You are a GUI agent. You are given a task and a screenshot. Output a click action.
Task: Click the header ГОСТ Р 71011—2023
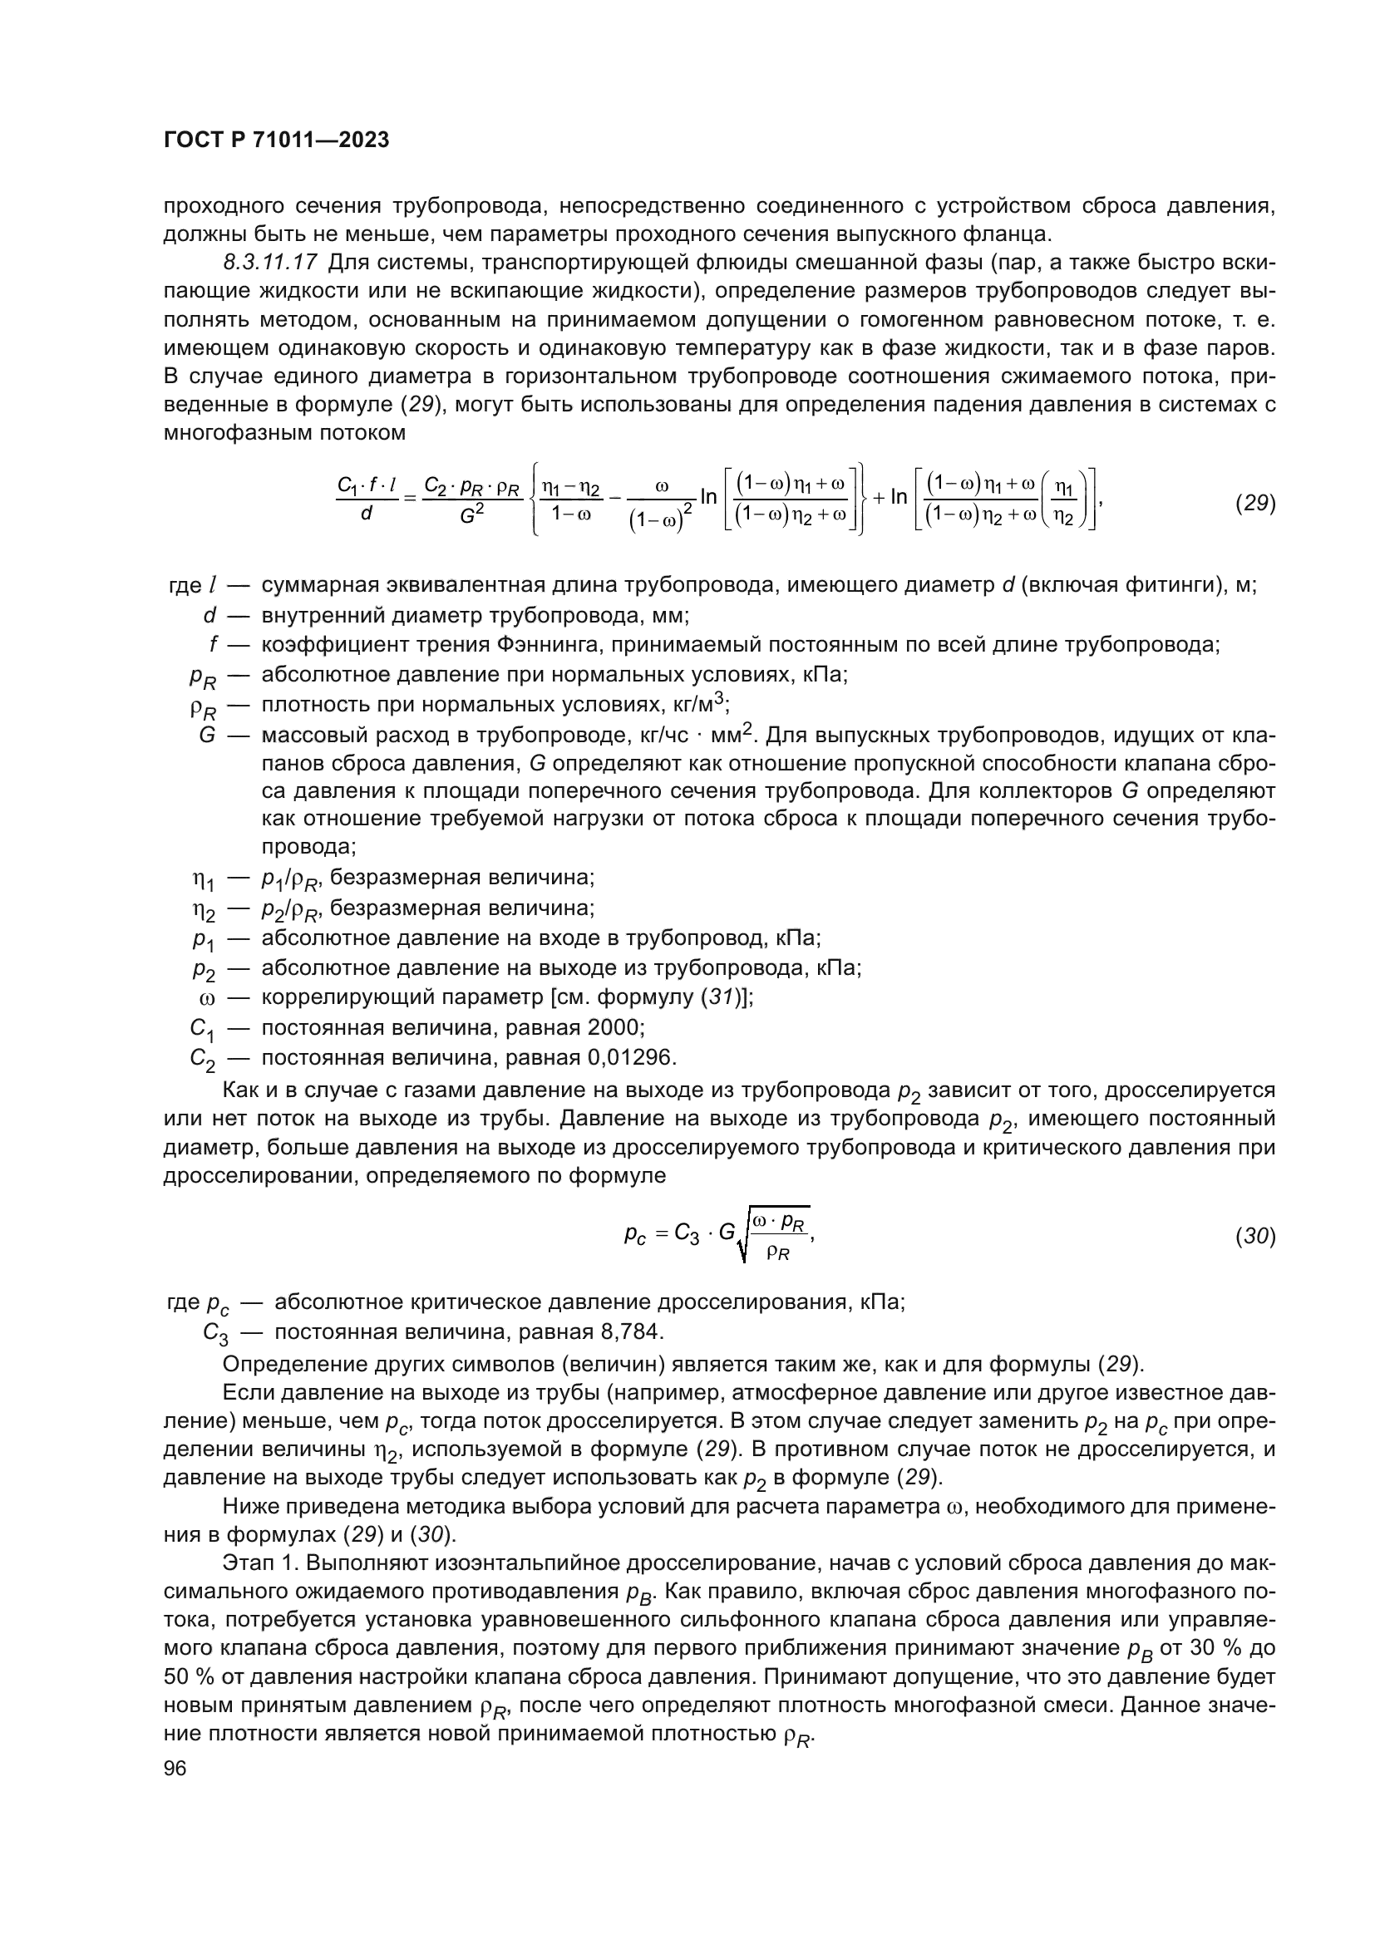click(x=276, y=140)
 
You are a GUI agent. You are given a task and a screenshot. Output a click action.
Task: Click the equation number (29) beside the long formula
click(x=1254, y=503)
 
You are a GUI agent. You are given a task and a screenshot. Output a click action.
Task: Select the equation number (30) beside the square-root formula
click(x=1254, y=1237)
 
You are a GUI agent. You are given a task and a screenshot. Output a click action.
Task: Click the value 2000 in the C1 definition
click(x=614, y=1028)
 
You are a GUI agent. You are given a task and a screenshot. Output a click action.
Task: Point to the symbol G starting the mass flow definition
click(x=207, y=735)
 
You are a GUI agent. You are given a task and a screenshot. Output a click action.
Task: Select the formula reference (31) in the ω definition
click(x=717, y=998)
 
